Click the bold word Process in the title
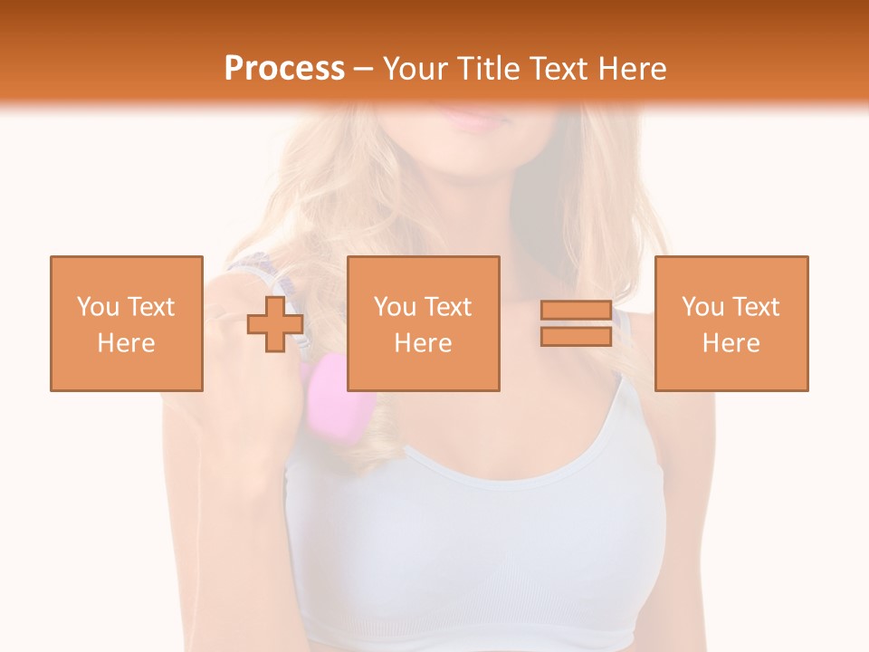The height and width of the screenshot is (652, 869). (x=284, y=69)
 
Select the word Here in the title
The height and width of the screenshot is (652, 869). (x=631, y=69)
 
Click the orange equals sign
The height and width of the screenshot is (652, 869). (x=576, y=323)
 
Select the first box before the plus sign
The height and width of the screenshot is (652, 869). (x=127, y=323)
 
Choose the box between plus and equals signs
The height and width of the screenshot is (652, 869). (x=424, y=323)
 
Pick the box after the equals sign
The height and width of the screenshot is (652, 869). (x=731, y=323)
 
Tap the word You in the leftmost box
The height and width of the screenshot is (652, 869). (x=97, y=307)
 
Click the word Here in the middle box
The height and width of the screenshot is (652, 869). (x=424, y=342)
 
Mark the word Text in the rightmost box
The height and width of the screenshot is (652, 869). (x=755, y=307)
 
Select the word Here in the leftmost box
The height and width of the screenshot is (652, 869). (x=127, y=342)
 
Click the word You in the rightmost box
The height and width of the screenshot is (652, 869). (x=702, y=307)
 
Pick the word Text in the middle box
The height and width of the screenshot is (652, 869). (x=447, y=307)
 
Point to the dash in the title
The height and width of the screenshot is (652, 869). (x=363, y=69)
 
